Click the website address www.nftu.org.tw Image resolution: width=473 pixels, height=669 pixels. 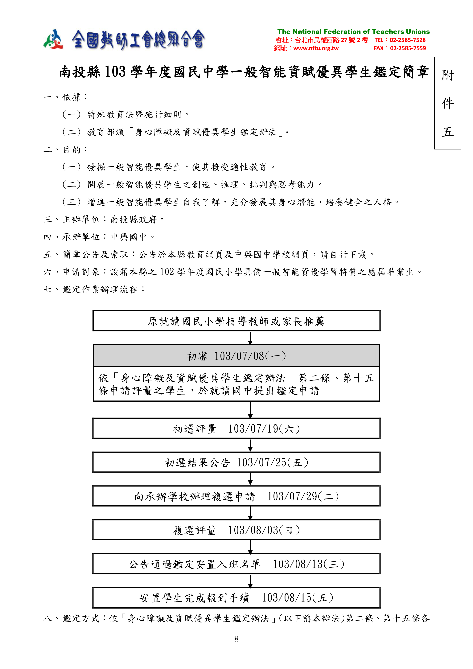click(x=316, y=48)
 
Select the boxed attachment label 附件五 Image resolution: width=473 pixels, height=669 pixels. click(x=447, y=103)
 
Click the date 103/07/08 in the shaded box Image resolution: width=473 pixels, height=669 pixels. click(x=239, y=356)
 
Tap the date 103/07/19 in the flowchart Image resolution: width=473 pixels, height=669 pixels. click(x=253, y=429)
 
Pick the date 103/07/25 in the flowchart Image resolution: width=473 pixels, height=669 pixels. click(x=261, y=462)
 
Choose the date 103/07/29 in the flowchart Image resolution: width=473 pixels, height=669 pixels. click(x=292, y=496)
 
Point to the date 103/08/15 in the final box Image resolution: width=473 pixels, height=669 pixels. click(x=286, y=598)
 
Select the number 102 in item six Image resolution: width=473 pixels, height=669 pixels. click(x=167, y=272)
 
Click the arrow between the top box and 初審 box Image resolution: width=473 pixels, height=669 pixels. click(x=250, y=338)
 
